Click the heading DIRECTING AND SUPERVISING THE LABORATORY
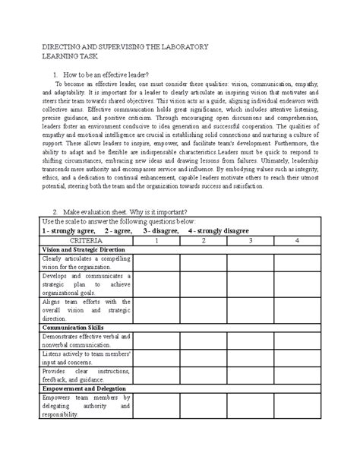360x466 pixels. pos(125,47)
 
